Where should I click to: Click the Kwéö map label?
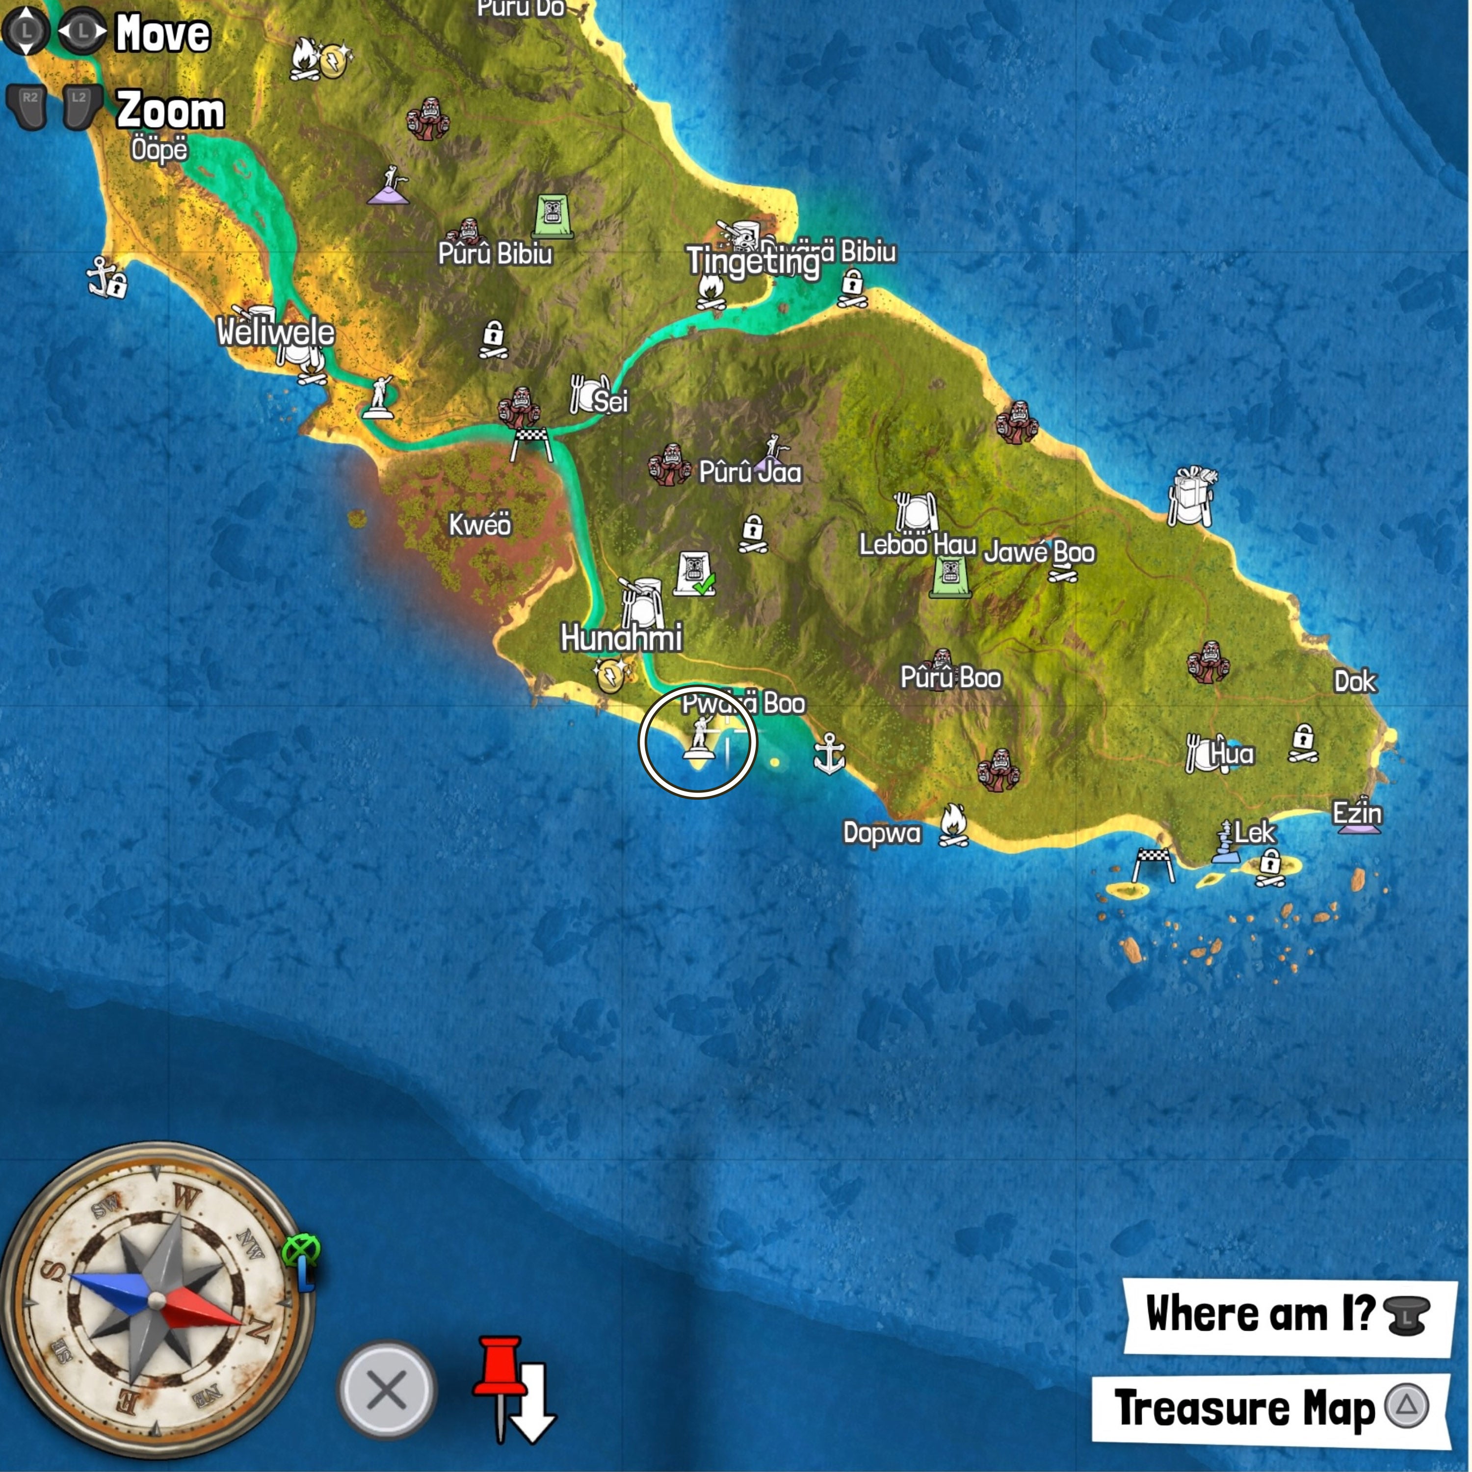pyautogui.click(x=479, y=525)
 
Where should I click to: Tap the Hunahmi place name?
pyautogui.click(x=621, y=638)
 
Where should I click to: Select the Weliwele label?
pyautogui.click(x=275, y=332)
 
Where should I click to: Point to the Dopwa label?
pyautogui.click(x=882, y=833)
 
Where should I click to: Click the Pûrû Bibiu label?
pyautogui.click(x=495, y=254)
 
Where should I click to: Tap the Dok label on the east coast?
pyautogui.click(x=1355, y=681)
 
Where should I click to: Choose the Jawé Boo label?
pyautogui.click(x=1039, y=552)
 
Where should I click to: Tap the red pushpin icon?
pyautogui.click(x=499, y=1371)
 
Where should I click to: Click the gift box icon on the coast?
pyautogui.click(x=1192, y=496)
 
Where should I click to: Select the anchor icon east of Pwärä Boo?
pyautogui.click(x=829, y=754)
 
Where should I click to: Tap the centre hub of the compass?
pyautogui.click(x=156, y=1299)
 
